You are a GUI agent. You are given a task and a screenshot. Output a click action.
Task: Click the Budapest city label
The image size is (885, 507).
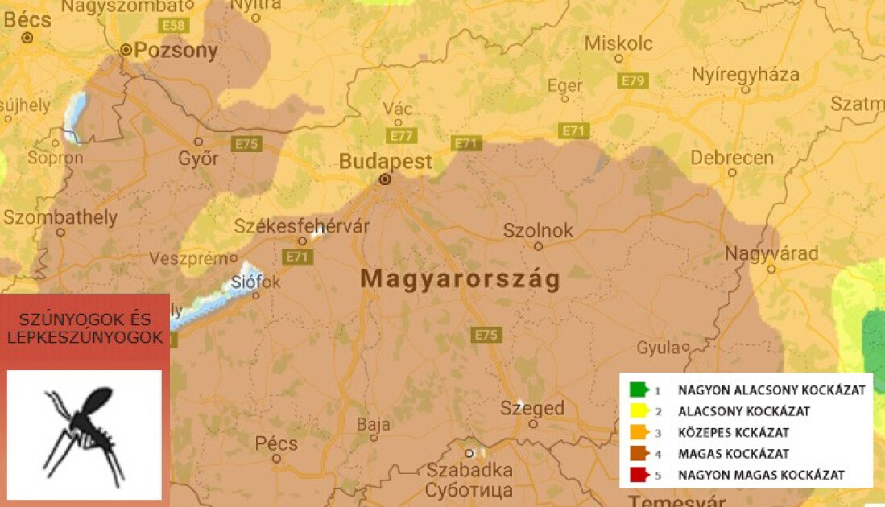pyautogui.click(x=385, y=161)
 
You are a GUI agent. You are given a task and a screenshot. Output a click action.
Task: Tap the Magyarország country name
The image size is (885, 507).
pyautogui.click(x=460, y=279)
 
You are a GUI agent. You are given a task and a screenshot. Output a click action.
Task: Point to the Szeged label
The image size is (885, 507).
pyautogui.click(x=532, y=408)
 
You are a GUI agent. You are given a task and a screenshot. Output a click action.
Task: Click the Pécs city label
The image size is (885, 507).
pyautogui.click(x=276, y=443)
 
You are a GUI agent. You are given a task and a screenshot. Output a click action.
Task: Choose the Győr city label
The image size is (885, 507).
pyautogui.click(x=198, y=159)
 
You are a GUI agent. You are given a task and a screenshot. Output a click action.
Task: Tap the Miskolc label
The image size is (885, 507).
pyautogui.click(x=618, y=43)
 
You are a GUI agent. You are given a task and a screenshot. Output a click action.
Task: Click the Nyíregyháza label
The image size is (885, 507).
pyautogui.click(x=746, y=75)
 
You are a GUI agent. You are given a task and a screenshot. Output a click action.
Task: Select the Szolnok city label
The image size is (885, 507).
pyautogui.click(x=538, y=230)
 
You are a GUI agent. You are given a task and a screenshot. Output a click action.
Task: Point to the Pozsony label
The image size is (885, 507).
pyautogui.click(x=176, y=51)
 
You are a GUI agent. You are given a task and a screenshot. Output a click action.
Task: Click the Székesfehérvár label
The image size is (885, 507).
pyautogui.click(x=302, y=226)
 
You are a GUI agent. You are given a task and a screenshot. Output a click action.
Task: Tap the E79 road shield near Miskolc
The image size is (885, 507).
pyautogui.click(x=633, y=80)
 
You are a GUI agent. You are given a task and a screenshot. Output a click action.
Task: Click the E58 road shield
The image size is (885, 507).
pyautogui.click(x=174, y=26)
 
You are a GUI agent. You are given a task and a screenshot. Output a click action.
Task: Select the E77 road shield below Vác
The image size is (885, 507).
pyautogui.click(x=400, y=136)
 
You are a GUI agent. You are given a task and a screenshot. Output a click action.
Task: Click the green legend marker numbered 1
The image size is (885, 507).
pyautogui.click(x=639, y=390)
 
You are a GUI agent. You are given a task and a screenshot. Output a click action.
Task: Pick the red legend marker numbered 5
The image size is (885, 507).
pyautogui.click(x=639, y=474)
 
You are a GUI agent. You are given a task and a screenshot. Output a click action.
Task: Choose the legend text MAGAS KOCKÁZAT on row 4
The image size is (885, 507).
pyautogui.click(x=733, y=453)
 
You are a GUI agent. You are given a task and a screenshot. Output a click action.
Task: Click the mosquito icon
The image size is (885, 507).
pyautogui.click(x=85, y=435)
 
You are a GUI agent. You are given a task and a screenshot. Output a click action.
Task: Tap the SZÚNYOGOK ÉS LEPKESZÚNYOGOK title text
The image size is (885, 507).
pyautogui.click(x=85, y=329)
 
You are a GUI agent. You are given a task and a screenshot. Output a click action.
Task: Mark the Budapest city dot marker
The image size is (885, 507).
pyautogui.click(x=385, y=179)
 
